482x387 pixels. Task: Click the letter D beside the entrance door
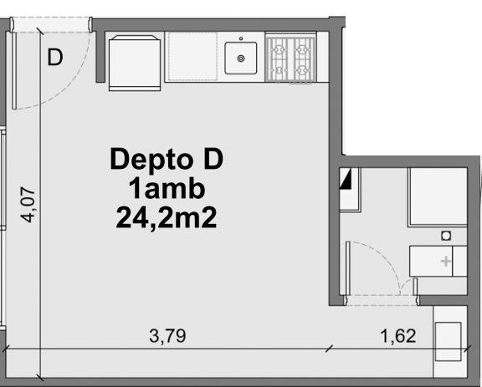pyautogui.click(x=55, y=58)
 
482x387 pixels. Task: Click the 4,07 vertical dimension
pyautogui.click(x=28, y=204)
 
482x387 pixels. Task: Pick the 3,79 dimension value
pyautogui.click(x=167, y=337)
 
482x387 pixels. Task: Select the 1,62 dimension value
pyautogui.click(x=398, y=337)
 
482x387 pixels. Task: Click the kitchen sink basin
pyautogui.click(x=242, y=58)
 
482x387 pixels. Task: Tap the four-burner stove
pyautogui.click(x=289, y=58)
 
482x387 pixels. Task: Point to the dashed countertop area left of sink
pyautogui.click(x=192, y=57)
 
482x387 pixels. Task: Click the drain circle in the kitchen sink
pyautogui.click(x=242, y=59)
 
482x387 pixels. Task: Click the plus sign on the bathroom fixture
pyautogui.click(x=445, y=262)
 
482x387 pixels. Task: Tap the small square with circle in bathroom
pyautogui.click(x=446, y=237)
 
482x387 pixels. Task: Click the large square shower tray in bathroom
pyautogui.click(x=436, y=196)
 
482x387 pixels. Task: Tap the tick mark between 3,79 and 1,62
pyautogui.click(x=329, y=349)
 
